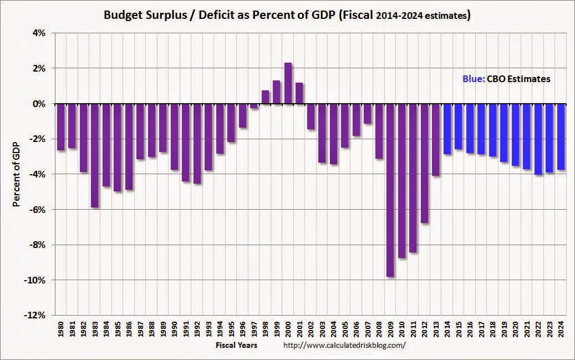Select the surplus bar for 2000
[x=288, y=83]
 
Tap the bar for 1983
[x=95, y=155]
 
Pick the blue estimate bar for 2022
[x=538, y=139]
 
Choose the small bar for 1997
[x=254, y=106]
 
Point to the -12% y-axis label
[x=35, y=315]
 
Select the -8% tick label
[x=37, y=245]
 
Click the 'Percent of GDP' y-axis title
[x=17, y=174]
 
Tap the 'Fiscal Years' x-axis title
[x=237, y=345]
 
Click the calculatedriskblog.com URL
[x=344, y=345]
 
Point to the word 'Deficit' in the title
[x=225, y=15]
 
